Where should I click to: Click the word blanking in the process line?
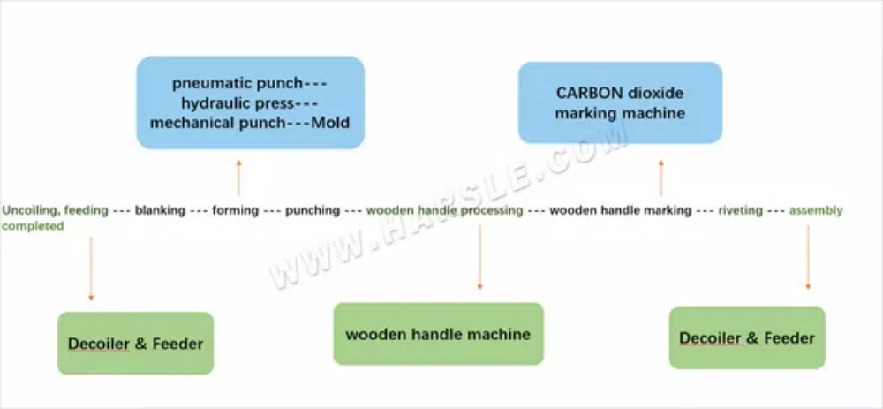160,211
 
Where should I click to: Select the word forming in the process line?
236,211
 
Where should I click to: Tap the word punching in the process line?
313,211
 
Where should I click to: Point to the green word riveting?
740,211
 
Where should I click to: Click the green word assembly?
816,211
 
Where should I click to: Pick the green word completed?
33,227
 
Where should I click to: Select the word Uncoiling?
31,211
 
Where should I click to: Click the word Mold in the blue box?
331,123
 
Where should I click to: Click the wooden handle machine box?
439,334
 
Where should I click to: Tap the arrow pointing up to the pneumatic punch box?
238,178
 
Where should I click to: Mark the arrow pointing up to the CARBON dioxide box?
661,178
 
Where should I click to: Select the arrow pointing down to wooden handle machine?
479,257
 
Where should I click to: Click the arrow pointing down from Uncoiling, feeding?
91,269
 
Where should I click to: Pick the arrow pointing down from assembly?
808,257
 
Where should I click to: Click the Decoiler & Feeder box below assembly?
747,338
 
